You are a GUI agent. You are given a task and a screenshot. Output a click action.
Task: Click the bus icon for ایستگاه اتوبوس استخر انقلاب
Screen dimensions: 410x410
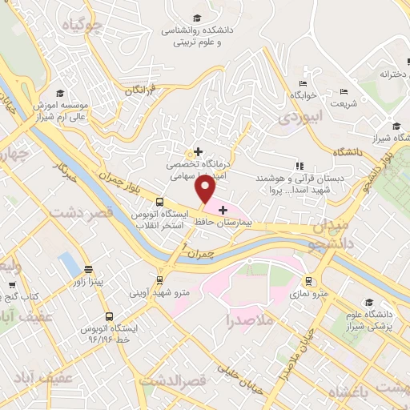[x=159, y=202]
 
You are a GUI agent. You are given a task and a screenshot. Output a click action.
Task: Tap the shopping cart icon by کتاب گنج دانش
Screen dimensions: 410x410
[x=12, y=284]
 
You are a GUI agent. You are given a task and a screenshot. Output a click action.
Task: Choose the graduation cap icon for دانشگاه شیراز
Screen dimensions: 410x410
[x=396, y=125]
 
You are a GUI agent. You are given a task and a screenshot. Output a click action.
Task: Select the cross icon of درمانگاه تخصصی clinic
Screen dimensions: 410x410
[x=198, y=151]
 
